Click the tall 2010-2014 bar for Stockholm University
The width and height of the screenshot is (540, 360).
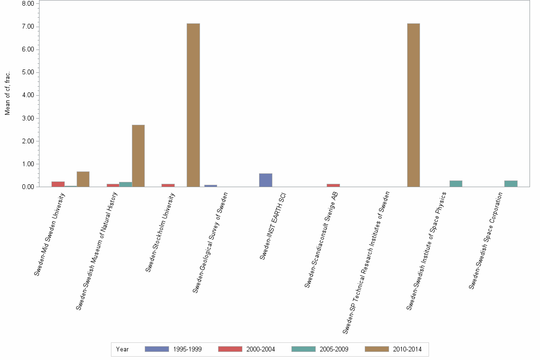(x=193, y=105)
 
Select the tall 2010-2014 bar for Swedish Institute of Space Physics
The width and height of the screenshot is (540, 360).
(x=413, y=105)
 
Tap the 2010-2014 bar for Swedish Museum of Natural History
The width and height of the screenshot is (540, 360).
(x=138, y=156)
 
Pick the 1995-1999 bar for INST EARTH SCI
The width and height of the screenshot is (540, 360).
(x=266, y=180)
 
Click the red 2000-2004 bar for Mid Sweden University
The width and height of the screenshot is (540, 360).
(x=58, y=184)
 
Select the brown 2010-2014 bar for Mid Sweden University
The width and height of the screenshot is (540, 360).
(x=83, y=179)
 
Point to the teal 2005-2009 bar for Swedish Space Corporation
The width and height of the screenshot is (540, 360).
(x=510, y=183)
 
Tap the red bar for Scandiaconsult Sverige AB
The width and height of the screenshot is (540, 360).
(x=333, y=185)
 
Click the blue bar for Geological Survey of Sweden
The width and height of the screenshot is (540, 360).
(x=210, y=186)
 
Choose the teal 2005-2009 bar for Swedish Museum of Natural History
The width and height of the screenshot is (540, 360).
(x=126, y=184)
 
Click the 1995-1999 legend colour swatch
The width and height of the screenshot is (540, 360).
(x=157, y=349)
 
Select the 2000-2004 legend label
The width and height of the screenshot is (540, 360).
(x=261, y=350)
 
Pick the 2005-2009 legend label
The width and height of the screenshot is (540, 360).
(x=334, y=350)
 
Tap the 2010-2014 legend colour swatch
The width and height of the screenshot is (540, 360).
(x=377, y=349)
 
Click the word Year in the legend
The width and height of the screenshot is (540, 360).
(x=122, y=350)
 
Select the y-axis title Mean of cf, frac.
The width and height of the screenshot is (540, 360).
(x=7, y=94)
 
